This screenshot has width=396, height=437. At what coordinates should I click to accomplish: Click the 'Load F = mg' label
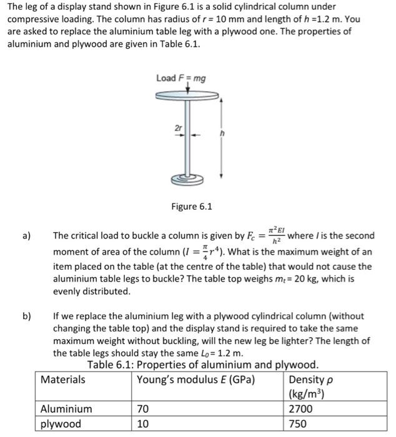click(x=181, y=78)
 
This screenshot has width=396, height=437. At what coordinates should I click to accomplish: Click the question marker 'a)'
click(x=27, y=236)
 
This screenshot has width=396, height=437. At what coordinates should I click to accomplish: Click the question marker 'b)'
click(x=27, y=317)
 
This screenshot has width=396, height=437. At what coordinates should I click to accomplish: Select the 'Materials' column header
click(x=63, y=379)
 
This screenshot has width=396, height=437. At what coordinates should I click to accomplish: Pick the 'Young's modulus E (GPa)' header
click(x=196, y=379)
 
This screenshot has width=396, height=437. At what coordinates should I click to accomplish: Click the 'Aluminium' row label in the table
click(x=66, y=409)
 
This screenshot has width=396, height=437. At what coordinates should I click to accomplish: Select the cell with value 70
click(x=143, y=409)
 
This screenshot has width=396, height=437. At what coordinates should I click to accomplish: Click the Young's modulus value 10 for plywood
click(x=143, y=425)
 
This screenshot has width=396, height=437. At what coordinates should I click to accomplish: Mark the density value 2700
click(x=302, y=409)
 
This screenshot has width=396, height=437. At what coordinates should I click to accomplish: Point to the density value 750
click(x=299, y=425)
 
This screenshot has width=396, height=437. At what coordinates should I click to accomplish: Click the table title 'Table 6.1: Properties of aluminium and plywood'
click(x=203, y=365)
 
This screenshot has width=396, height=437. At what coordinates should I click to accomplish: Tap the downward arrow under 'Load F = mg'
click(x=181, y=88)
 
